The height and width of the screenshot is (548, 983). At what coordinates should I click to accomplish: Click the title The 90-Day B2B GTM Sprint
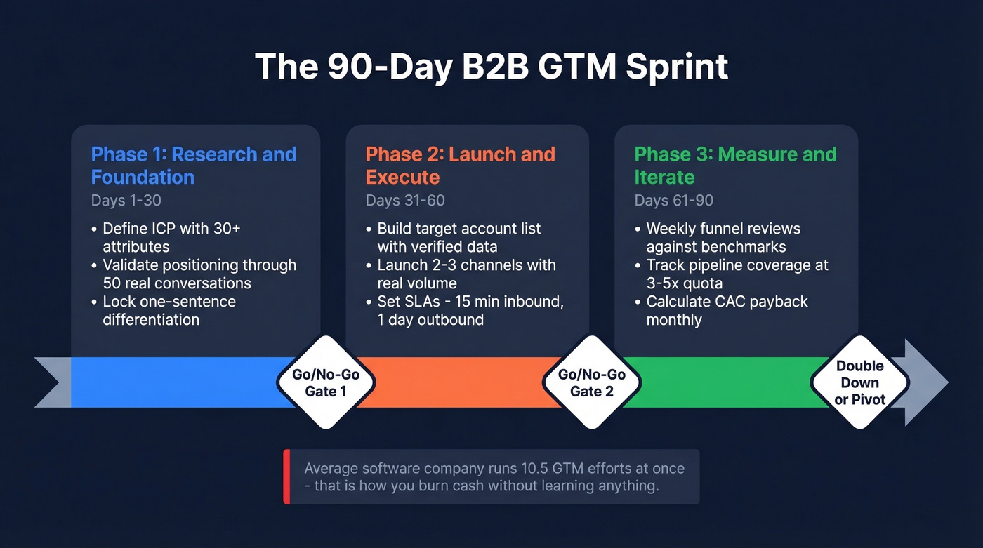click(491, 67)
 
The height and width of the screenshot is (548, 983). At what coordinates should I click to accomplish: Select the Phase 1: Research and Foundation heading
click(193, 166)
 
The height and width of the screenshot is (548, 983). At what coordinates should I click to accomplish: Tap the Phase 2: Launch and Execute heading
click(460, 166)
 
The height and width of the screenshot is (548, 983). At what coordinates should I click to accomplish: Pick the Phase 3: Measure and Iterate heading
click(735, 166)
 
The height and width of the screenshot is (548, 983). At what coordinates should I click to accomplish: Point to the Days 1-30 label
click(126, 201)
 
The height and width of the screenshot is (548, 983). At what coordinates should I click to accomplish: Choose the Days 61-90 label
click(673, 201)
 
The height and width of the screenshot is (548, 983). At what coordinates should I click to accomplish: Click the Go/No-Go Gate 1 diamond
click(326, 382)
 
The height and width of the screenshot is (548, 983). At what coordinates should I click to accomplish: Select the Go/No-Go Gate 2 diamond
click(591, 382)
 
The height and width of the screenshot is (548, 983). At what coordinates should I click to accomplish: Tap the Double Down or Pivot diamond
click(859, 382)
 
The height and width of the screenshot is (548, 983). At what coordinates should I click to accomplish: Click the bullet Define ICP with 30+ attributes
click(169, 238)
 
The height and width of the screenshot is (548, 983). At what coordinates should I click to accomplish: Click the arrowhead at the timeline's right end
click(925, 382)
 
